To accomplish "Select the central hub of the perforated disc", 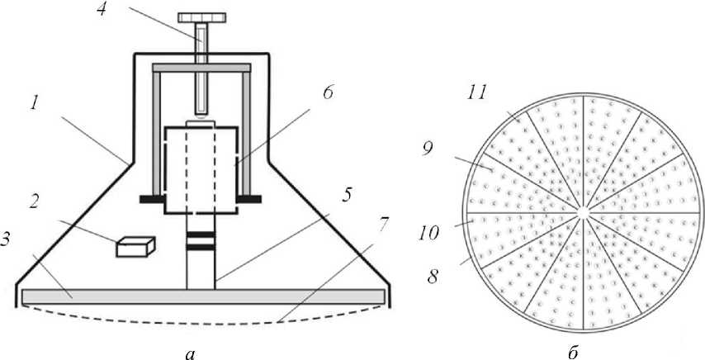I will [583, 212].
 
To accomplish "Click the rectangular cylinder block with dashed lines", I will [201, 169].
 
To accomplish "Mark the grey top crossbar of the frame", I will [201, 66].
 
